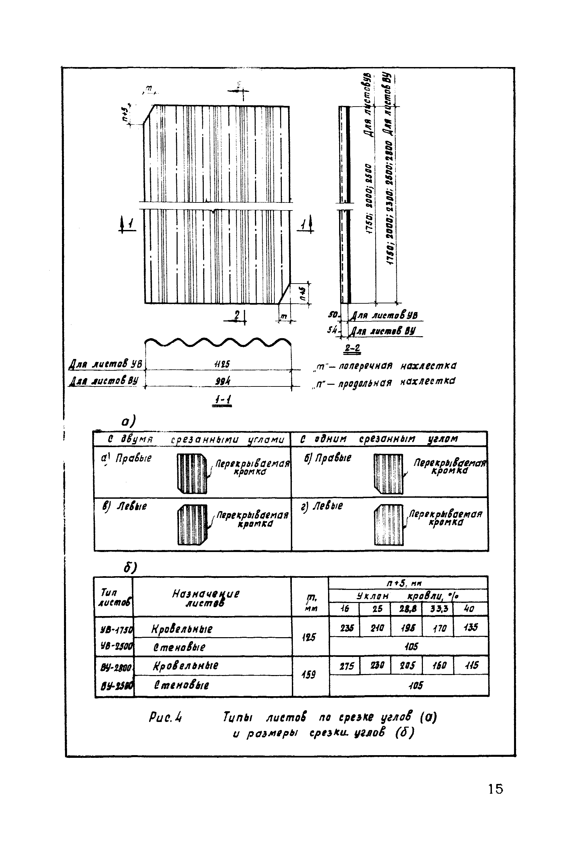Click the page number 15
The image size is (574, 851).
(495, 788)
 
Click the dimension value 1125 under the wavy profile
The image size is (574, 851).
(222, 364)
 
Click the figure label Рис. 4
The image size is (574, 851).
(166, 717)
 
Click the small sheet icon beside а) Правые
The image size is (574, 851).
(192, 473)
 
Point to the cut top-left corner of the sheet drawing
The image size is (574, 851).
(149, 115)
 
